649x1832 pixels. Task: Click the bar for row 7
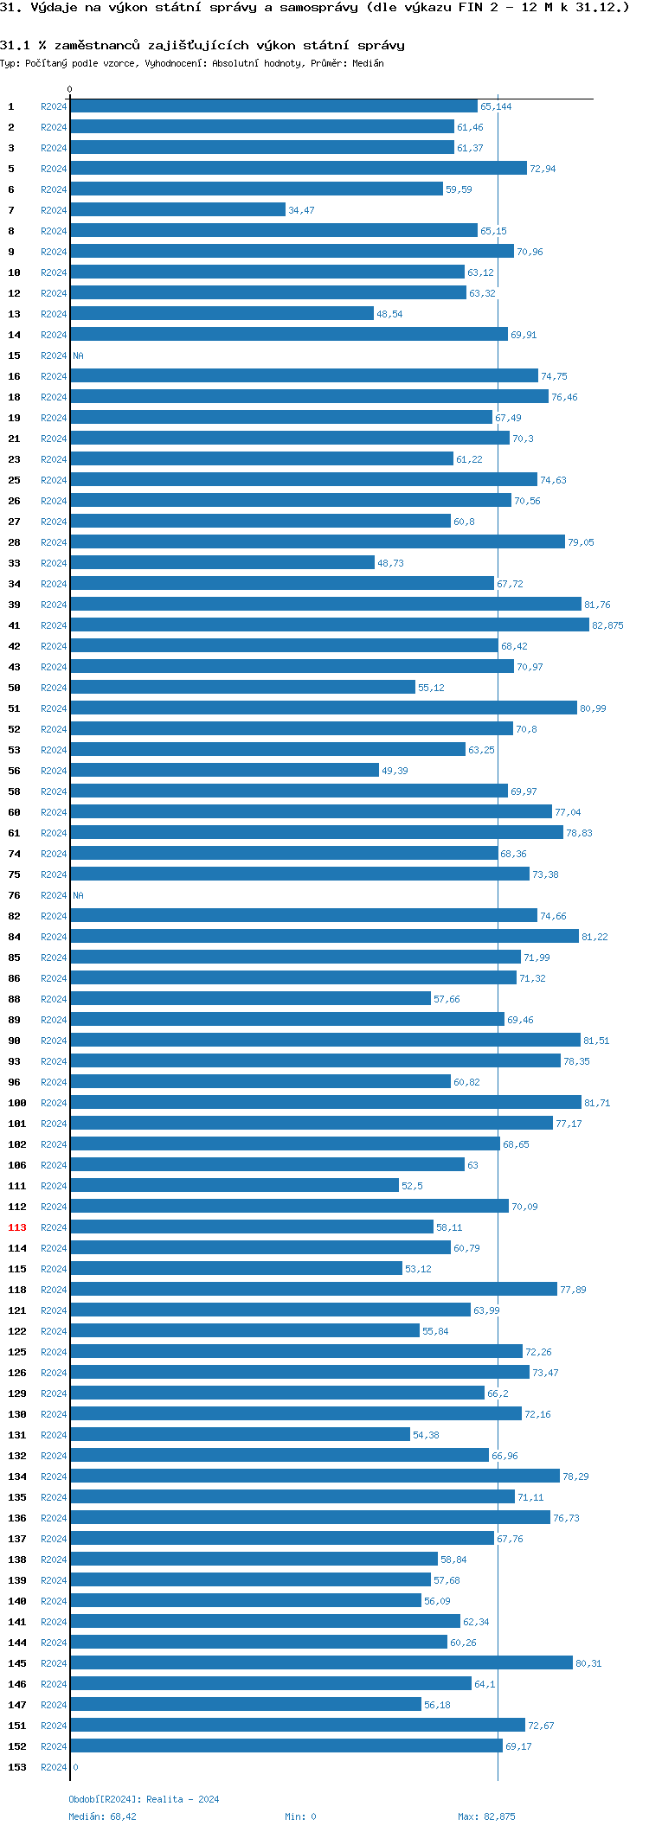[177, 209]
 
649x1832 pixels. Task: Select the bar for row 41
[329, 625]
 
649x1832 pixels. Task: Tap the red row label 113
[17, 1227]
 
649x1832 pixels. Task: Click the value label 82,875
[607, 625]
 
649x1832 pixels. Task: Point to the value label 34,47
[301, 210]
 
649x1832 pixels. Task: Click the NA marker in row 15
[78, 356]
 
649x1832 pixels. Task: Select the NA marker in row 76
[78, 895]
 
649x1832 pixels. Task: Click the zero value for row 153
[75, 1767]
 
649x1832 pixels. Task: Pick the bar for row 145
[321, 1662]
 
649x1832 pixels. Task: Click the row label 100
[17, 1103]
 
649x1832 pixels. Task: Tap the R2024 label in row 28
[54, 542]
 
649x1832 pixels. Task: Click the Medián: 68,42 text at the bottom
[102, 1816]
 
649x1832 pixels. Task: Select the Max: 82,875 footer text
[486, 1816]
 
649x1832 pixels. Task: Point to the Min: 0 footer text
[300, 1816]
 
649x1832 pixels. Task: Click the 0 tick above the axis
[70, 89]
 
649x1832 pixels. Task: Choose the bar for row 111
[235, 1185]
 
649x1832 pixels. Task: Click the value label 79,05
[581, 542]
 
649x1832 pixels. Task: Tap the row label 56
[15, 771]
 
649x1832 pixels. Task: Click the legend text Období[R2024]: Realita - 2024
[144, 1799]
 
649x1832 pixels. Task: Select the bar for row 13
[222, 313]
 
